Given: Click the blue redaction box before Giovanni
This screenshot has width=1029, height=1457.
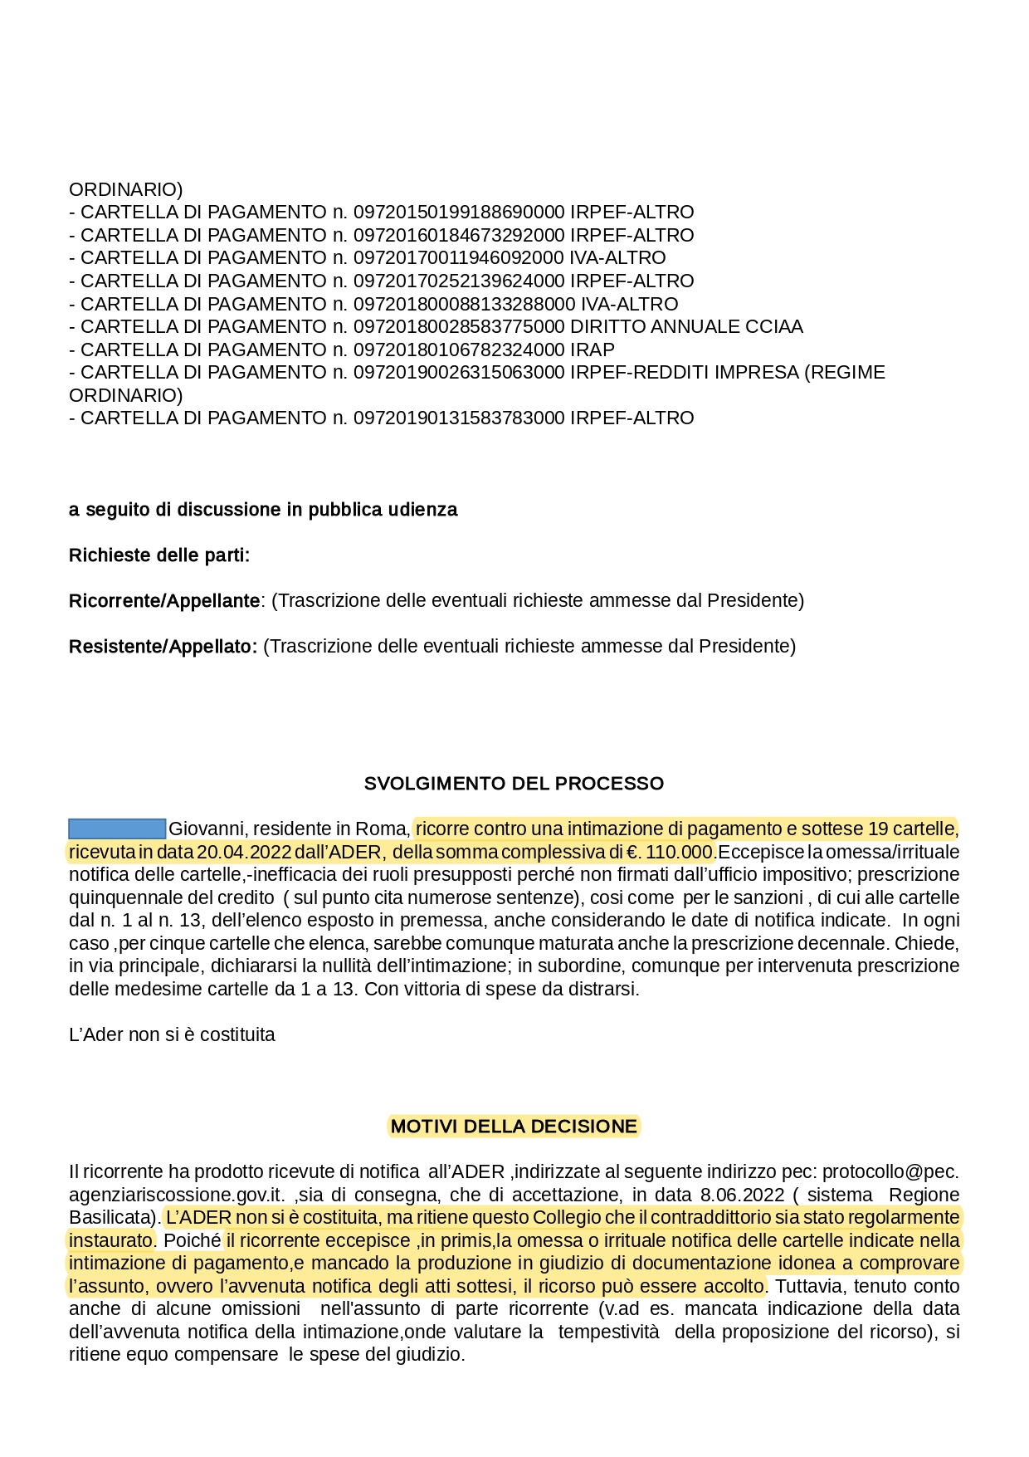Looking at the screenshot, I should (117, 829).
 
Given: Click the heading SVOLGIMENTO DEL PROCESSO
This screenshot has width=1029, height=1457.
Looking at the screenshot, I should (514, 784).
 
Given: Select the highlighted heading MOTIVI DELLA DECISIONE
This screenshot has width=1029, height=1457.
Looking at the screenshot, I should (514, 1127).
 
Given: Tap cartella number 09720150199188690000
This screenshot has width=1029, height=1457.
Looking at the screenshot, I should (459, 213).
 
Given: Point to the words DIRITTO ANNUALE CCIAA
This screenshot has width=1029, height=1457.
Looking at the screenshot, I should (686, 327).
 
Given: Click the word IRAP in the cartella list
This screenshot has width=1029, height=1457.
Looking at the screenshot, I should (593, 350).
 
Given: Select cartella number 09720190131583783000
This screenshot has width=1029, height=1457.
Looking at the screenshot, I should (459, 418).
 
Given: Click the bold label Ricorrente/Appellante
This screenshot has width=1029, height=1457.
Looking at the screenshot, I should (164, 601).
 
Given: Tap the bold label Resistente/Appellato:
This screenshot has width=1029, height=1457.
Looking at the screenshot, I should (163, 647).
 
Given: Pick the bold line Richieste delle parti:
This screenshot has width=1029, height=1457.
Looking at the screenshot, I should (159, 555).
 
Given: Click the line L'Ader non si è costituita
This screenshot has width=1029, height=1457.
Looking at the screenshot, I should (172, 1035).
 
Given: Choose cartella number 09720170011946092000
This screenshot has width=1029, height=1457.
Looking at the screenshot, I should (459, 258).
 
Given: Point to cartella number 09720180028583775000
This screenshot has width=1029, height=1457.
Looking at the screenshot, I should (459, 327).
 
